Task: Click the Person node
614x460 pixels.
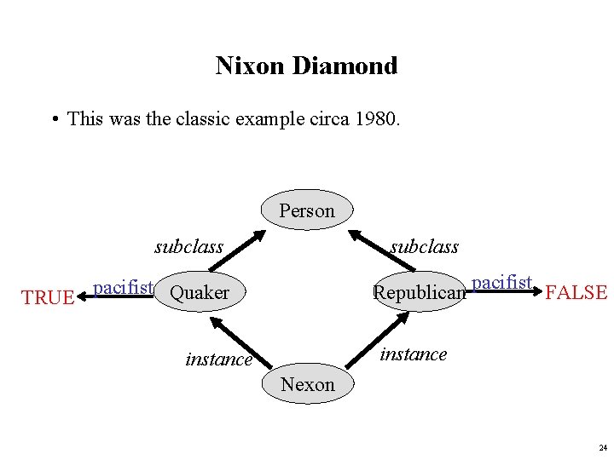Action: pyautogui.click(x=307, y=210)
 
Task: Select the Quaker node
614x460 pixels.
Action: pyautogui.click(x=200, y=293)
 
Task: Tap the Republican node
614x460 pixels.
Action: pyautogui.click(x=420, y=293)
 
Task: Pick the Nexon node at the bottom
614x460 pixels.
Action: pyautogui.click(x=307, y=384)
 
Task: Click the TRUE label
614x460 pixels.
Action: pyautogui.click(x=48, y=297)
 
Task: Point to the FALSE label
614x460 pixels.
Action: pyautogui.click(x=576, y=293)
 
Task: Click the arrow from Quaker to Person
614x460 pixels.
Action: pyautogui.click(x=236, y=251)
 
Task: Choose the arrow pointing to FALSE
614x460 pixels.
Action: pyautogui.click(x=505, y=291)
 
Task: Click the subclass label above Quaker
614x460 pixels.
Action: pyautogui.click(x=188, y=247)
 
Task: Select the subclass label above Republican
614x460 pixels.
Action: pyautogui.click(x=424, y=247)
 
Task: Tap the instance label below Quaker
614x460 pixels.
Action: pyautogui.click(x=218, y=359)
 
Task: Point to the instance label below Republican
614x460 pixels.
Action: pyautogui.click(x=413, y=354)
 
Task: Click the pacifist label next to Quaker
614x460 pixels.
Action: pyautogui.click(x=123, y=287)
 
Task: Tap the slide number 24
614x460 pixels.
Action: pyautogui.click(x=603, y=447)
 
